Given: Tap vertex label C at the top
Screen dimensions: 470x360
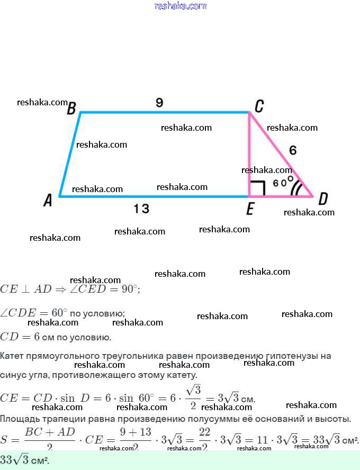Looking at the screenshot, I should coord(259,107).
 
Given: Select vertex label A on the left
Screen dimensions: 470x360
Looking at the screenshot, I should coord(48,201).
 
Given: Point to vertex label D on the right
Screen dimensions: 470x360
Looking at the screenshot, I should coord(322,200).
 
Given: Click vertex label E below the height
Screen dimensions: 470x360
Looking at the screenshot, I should coord(250,210).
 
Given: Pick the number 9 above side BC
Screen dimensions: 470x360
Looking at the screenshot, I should coord(159,103).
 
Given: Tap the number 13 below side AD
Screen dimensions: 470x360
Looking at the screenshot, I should coord(141,209).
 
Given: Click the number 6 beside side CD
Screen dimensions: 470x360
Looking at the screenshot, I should coord(293,150).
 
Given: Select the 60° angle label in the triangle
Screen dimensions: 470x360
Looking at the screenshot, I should coord(284,182).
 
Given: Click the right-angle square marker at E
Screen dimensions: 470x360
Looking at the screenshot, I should coord(257,188).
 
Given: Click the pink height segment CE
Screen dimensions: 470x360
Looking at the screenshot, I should coord(249,153).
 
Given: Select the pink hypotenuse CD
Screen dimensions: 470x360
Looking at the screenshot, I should coord(281,154).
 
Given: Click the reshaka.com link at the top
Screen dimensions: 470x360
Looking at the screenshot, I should coord(180,6).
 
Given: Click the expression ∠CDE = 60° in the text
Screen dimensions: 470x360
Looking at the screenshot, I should coord(34,313).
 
